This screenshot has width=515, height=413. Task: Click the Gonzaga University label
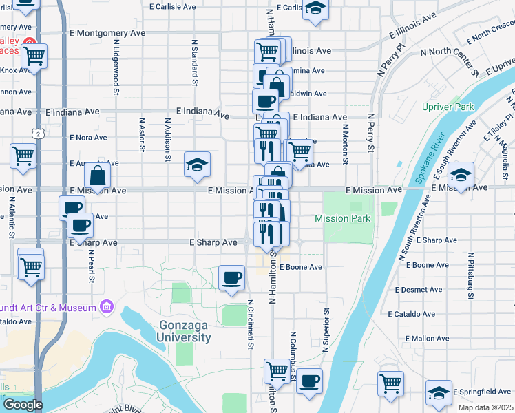click(x=185, y=331)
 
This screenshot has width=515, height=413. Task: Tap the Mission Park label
click(x=343, y=218)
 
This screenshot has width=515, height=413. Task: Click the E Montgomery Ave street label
click(x=107, y=32)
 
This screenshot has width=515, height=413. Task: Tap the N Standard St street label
click(x=195, y=59)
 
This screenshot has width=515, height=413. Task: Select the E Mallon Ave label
click(x=427, y=338)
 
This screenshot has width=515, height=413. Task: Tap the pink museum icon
click(x=107, y=305)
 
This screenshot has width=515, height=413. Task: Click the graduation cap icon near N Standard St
click(x=197, y=165)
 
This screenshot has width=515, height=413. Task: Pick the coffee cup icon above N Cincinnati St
click(x=231, y=277)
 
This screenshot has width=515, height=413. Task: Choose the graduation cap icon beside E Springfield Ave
click(x=439, y=392)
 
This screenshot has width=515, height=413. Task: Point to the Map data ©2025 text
click(x=486, y=407)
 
